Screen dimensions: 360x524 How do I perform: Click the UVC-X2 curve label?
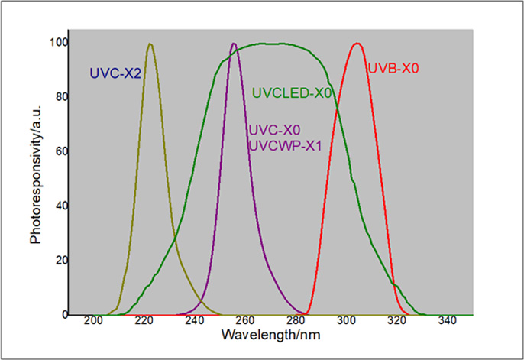tap(115, 74)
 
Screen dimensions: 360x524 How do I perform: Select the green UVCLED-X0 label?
tap(292, 94)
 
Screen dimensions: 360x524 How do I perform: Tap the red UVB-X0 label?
tap(393, 68)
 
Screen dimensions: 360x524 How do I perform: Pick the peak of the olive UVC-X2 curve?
tap(150, 44)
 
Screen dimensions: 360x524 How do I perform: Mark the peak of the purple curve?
tap(234, 44)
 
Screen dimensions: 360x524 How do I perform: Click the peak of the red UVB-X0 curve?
tap(356, 44)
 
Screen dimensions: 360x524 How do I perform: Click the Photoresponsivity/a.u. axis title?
tap(35, 175)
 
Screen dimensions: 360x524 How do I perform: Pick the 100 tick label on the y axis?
tap(55, 43)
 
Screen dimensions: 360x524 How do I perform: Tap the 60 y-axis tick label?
tap(58, 151)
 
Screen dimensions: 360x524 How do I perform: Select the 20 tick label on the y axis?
tap(58, 260)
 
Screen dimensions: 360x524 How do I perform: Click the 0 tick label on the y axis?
tap(61, 314)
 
